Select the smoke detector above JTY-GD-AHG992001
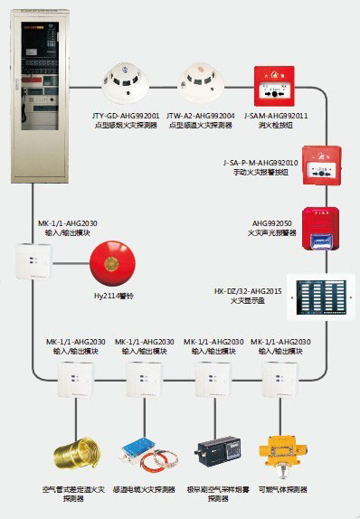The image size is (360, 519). (125, 83)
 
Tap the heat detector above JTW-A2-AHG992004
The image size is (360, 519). (200, 83)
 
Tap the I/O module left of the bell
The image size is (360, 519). (33, 261)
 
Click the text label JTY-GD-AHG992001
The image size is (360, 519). (126, 115)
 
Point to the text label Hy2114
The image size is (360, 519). (109, 295)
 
